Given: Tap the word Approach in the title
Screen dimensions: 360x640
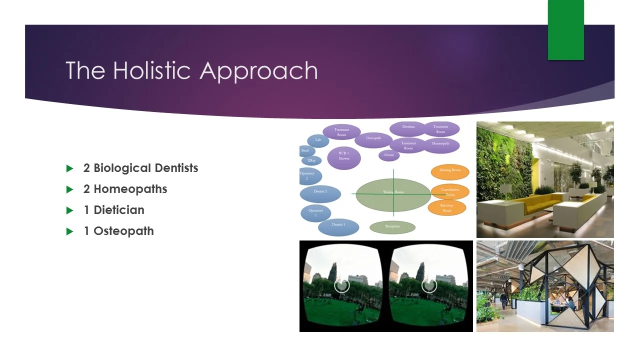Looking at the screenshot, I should (258, 71).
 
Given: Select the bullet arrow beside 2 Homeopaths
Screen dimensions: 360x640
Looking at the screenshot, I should (70, 189).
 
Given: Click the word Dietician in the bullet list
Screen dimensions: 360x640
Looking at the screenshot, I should (119, 210).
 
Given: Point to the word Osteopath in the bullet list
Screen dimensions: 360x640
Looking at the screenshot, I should (123, 231).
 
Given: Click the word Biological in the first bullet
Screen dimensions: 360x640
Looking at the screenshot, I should (122, 168).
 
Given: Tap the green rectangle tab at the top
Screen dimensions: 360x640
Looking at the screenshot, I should (565, 30).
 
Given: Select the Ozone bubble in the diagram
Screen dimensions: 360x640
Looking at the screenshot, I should (389, 155).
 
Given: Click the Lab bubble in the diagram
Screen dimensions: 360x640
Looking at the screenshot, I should (318, 140).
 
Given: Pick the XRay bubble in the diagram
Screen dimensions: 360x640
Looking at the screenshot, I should (311, 160).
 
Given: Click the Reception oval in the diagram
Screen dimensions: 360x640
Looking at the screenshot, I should (392, 227).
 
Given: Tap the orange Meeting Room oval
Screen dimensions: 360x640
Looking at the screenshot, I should (449, 171).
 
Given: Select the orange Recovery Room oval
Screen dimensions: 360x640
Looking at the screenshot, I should (446, 207).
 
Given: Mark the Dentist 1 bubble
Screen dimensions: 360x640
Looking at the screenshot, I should (338, 226).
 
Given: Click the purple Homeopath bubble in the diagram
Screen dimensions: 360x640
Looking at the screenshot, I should (440, 144).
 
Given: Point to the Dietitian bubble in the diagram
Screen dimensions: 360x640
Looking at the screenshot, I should (408, 128).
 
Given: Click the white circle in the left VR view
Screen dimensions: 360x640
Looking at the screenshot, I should (341, 285).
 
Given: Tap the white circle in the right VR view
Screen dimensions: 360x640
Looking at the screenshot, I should (429, 285).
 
